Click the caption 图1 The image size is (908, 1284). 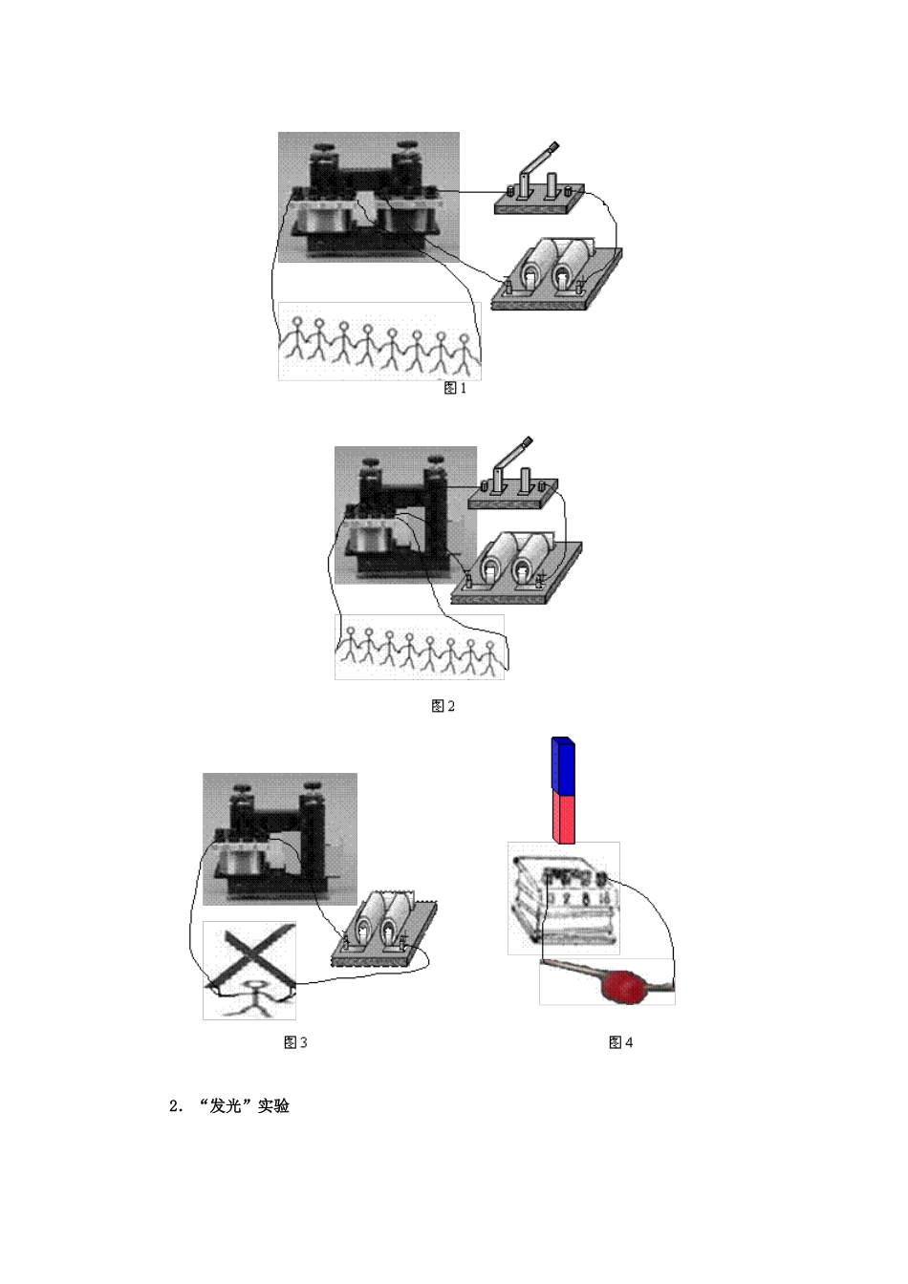pos(456,388)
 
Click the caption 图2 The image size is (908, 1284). pos(443,706)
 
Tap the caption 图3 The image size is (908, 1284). pos(295,1042)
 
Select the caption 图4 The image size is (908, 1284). pos(620,1042)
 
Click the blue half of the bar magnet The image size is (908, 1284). pos(563,764)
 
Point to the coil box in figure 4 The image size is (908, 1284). pos(562,899)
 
